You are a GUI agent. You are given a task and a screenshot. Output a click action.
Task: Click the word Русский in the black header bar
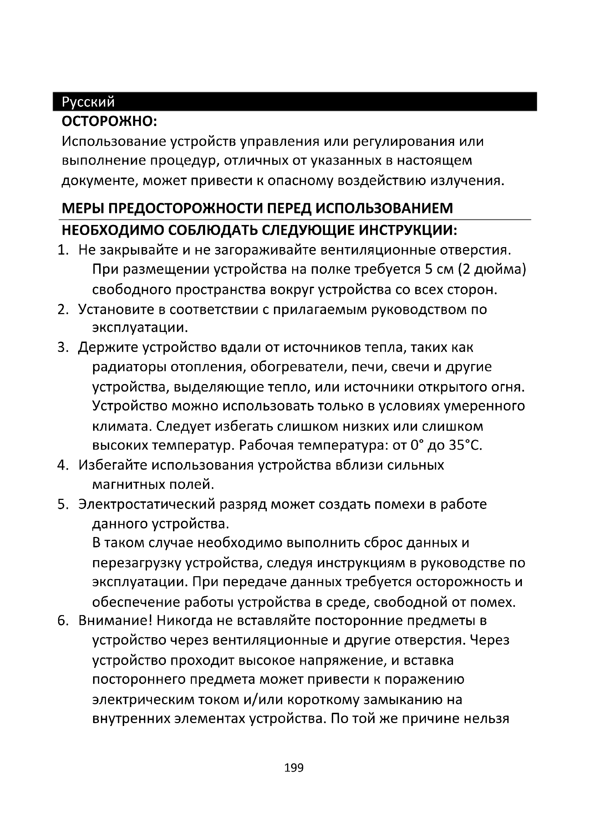coord(88,102)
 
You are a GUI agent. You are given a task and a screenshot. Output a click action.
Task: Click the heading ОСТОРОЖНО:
coord(109,121)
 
